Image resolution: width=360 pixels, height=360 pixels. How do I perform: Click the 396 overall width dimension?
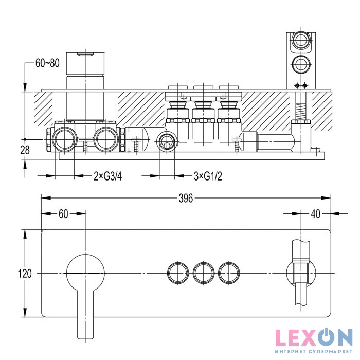click(186, 198)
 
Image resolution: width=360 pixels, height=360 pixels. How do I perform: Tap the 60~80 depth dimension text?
click(47, 63)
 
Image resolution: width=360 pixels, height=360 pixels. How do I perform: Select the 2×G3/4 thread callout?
click(107, 176)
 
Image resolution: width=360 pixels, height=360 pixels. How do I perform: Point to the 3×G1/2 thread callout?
click(208, 176)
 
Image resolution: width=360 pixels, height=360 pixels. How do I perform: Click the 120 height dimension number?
click(25, 274)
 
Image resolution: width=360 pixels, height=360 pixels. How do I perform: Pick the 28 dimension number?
click(25, 150)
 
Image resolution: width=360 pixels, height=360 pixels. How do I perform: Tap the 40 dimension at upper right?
click(315, 214)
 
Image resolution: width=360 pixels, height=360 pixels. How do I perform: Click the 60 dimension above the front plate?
click(63, 214)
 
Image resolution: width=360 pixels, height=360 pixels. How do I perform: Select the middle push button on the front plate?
click(204, 273)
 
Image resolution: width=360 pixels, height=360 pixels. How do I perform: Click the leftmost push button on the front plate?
click(178, 273)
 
